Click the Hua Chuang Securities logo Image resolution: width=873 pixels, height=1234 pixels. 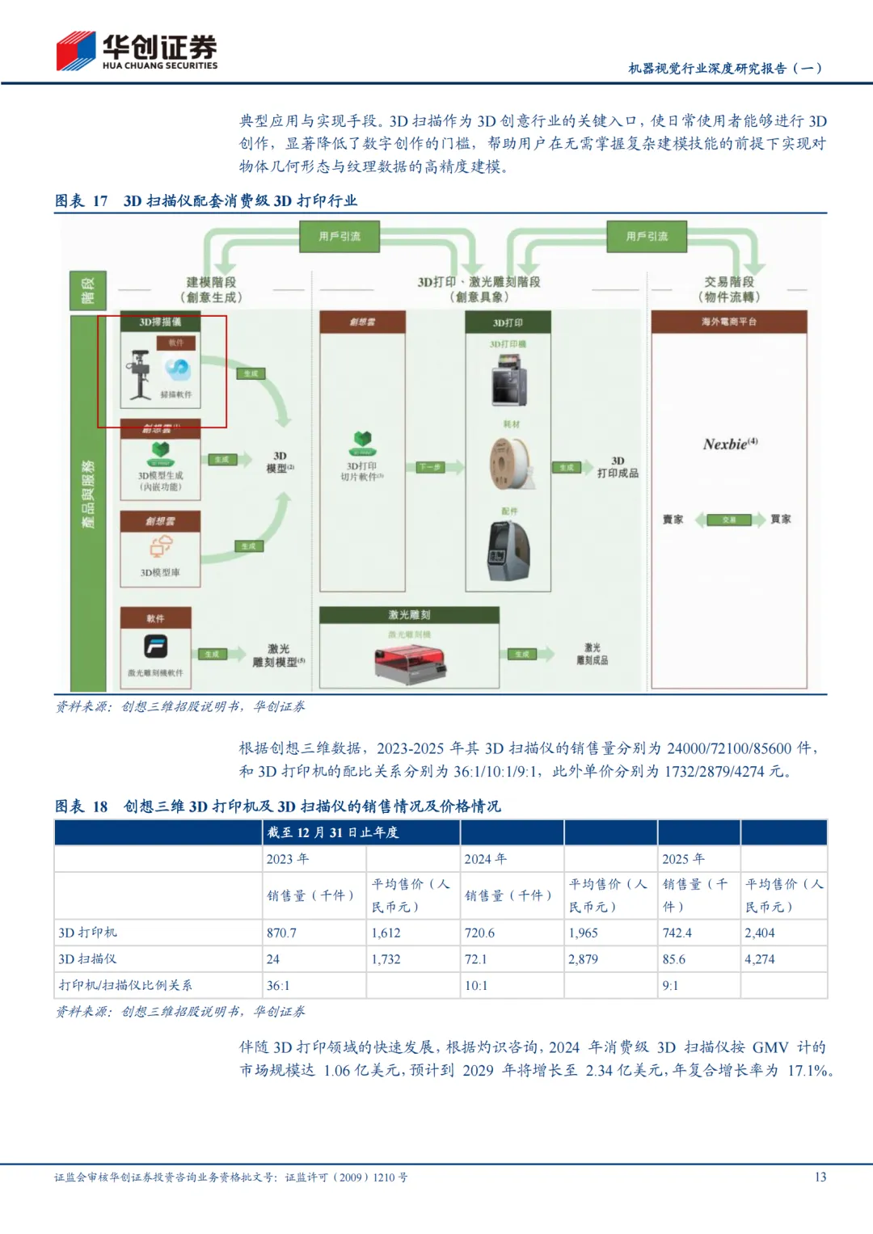coord(136,51)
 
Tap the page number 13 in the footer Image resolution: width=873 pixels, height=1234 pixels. coord(820,1177)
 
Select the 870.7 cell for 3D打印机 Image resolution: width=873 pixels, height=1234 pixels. coord(282,933)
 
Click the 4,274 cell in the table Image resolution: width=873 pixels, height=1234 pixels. coord(760,959)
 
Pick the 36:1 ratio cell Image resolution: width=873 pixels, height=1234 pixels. coord(278,986)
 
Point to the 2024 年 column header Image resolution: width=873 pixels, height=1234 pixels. coord(486,859)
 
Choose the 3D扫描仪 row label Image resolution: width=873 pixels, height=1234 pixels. coord(87,959)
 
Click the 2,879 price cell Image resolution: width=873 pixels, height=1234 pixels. coord(583,959)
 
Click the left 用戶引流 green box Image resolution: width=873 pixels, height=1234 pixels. coord(339,237)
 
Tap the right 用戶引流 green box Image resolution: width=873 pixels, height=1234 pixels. coord(647,237)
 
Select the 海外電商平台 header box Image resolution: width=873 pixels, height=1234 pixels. coord(729,322)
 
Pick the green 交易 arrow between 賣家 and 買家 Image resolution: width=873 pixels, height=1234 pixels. coord(729,520)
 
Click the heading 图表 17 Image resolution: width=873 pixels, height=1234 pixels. coord(82,200)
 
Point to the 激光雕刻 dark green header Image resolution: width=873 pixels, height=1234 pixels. coord(409,615)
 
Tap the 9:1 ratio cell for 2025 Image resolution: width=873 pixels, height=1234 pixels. coord(671,986)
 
